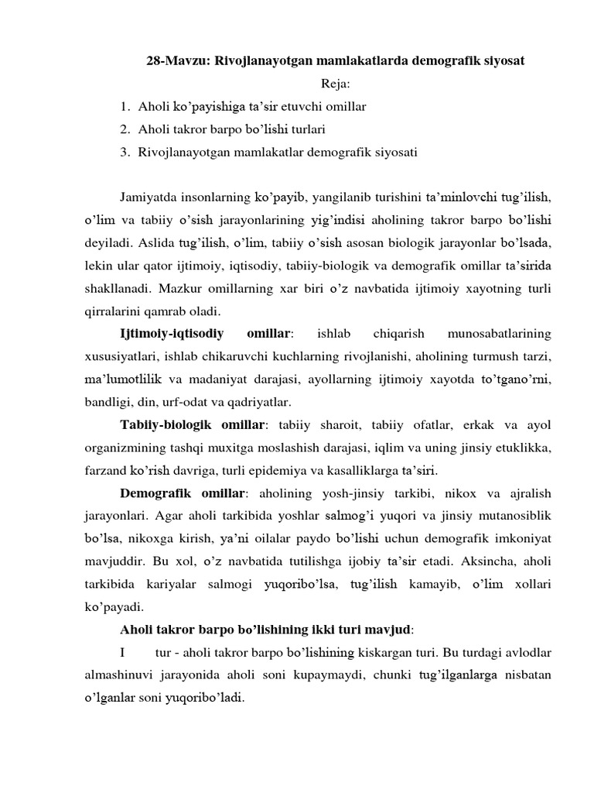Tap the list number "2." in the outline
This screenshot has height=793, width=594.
coord(125,129)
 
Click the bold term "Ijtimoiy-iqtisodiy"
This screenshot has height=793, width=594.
coord(172,335)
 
